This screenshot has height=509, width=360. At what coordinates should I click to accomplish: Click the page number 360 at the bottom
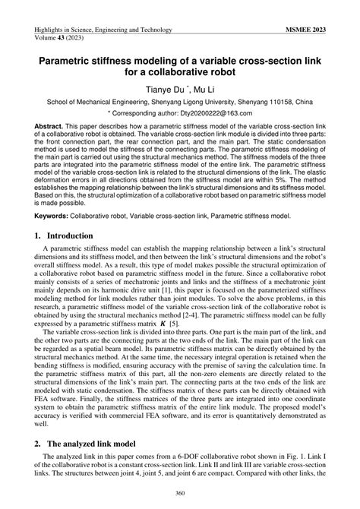(180, 495)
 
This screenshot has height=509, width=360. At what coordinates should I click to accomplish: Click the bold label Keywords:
(54, 215)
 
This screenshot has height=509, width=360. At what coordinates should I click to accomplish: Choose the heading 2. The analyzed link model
(95, 441)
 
